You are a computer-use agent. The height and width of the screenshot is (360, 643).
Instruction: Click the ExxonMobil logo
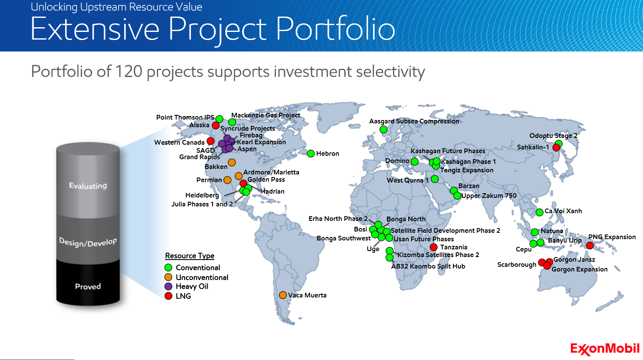click(x=605, y=349)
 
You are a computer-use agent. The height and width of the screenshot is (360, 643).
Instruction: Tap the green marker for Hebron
click(x=310, y=154)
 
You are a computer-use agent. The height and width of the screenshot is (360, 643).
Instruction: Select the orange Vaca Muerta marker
click(x=283, y=295)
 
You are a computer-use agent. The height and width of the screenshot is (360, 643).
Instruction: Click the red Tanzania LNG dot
click(x=433, y=247)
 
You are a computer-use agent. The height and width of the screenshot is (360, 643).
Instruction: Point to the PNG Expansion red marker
click(x=589, y=246)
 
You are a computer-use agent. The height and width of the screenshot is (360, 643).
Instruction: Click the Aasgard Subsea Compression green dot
click(x=383, y=130)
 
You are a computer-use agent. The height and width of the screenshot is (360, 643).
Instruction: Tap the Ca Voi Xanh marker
click(x=539, y=212)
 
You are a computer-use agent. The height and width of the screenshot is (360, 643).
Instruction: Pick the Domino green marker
click(x=415, y=161)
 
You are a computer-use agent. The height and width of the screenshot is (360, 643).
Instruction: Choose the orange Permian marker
click(x=228, y=180)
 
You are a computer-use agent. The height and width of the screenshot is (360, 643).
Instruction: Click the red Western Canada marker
click(x=211, y=141)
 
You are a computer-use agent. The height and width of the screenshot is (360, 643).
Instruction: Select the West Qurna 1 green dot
click(x=435, y=179)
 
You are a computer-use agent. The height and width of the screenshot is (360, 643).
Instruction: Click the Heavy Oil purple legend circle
click(x=168, y=286)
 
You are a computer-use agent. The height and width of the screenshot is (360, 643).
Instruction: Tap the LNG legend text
click(x=183, y=296)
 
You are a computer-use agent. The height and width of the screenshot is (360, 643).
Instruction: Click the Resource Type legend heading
click(x=190, y=256)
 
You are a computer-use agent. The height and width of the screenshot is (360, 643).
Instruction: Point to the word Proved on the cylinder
click(x=88, y=286)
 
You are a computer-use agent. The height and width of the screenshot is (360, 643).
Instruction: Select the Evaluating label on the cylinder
click(x=88, y=186)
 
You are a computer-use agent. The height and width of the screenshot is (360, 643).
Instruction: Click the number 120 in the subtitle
click(x=128, y=71)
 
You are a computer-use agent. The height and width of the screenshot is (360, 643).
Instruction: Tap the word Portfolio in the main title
click(x=336, y=29)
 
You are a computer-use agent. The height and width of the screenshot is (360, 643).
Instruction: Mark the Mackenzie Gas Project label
click(x=266, y=115)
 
